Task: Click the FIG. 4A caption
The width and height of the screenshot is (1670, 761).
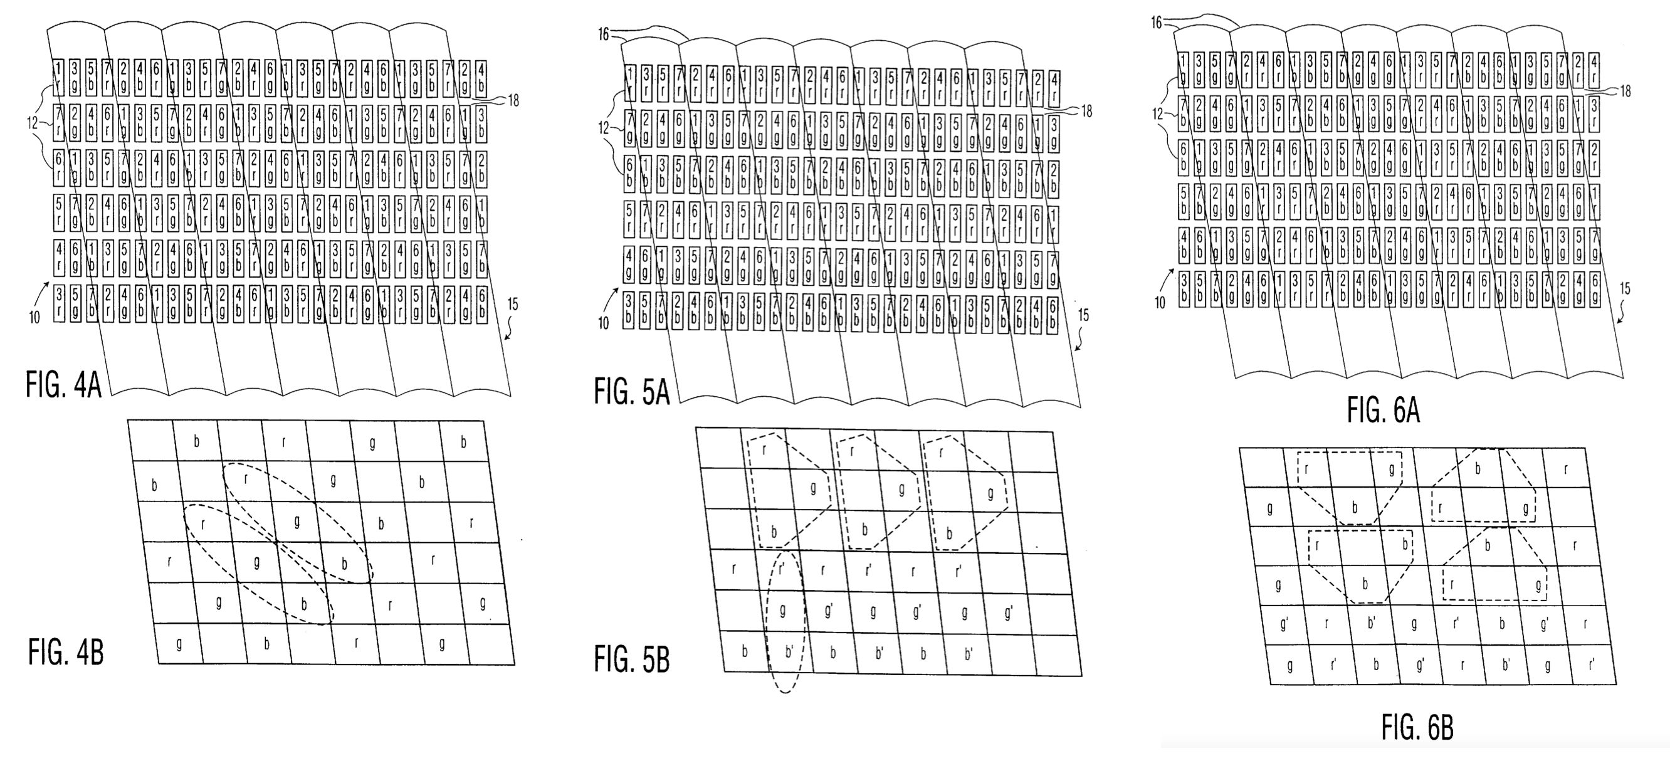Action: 63,384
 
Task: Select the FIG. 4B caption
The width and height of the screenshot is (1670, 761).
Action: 65,652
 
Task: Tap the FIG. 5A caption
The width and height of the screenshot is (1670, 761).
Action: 631,392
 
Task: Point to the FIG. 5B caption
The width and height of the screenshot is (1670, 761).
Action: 631,660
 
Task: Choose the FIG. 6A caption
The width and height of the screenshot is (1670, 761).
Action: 1383,411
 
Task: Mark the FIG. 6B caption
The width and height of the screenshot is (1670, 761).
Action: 1417,727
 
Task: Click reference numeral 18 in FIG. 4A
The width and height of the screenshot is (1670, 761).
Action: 513,100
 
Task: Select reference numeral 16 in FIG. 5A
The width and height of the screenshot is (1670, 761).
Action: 603,34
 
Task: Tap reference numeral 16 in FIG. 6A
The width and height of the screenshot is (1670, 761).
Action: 1157,23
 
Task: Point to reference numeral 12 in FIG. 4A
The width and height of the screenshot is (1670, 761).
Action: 33,122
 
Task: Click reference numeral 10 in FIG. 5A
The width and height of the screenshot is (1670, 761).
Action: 603,323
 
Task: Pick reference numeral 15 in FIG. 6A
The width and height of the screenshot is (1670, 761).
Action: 1625,288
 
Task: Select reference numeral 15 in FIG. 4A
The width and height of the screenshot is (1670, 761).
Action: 512,304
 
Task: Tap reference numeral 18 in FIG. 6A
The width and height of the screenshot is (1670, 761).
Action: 1625,92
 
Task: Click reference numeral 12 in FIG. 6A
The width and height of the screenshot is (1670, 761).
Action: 1158,114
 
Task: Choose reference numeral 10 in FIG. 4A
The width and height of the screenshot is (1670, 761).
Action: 34,317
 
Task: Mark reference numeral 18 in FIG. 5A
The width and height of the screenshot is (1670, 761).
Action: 1086,112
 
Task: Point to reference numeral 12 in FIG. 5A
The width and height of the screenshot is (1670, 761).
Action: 604,129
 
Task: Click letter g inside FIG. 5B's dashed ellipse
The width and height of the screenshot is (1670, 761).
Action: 782,610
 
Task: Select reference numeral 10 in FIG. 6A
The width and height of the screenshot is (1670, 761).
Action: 1160,302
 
